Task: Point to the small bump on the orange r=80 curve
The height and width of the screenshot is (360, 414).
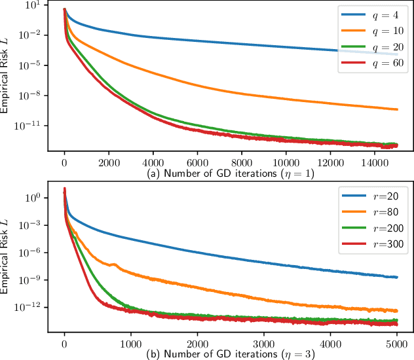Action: click(x=115, y=265)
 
